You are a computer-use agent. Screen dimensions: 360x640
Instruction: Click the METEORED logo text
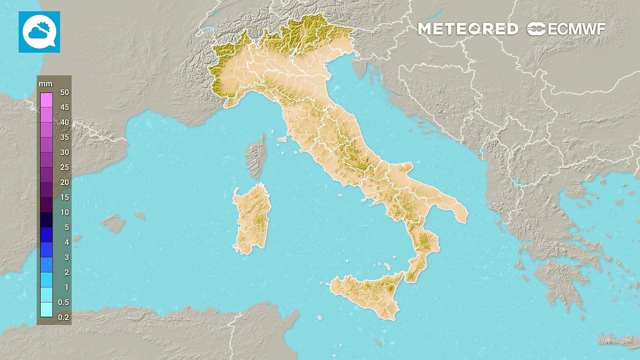click(468, 29)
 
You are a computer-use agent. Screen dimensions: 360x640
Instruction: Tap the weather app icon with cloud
click(39, 32)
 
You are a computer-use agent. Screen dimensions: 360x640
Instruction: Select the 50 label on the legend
click(64, 92)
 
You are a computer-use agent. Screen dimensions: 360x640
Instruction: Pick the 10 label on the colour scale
click(64, 212)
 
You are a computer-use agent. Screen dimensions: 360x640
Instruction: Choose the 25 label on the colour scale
click(64, 167)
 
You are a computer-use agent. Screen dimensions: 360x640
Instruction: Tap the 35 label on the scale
click(64, 137)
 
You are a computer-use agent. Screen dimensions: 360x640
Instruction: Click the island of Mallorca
click(114, 223)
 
